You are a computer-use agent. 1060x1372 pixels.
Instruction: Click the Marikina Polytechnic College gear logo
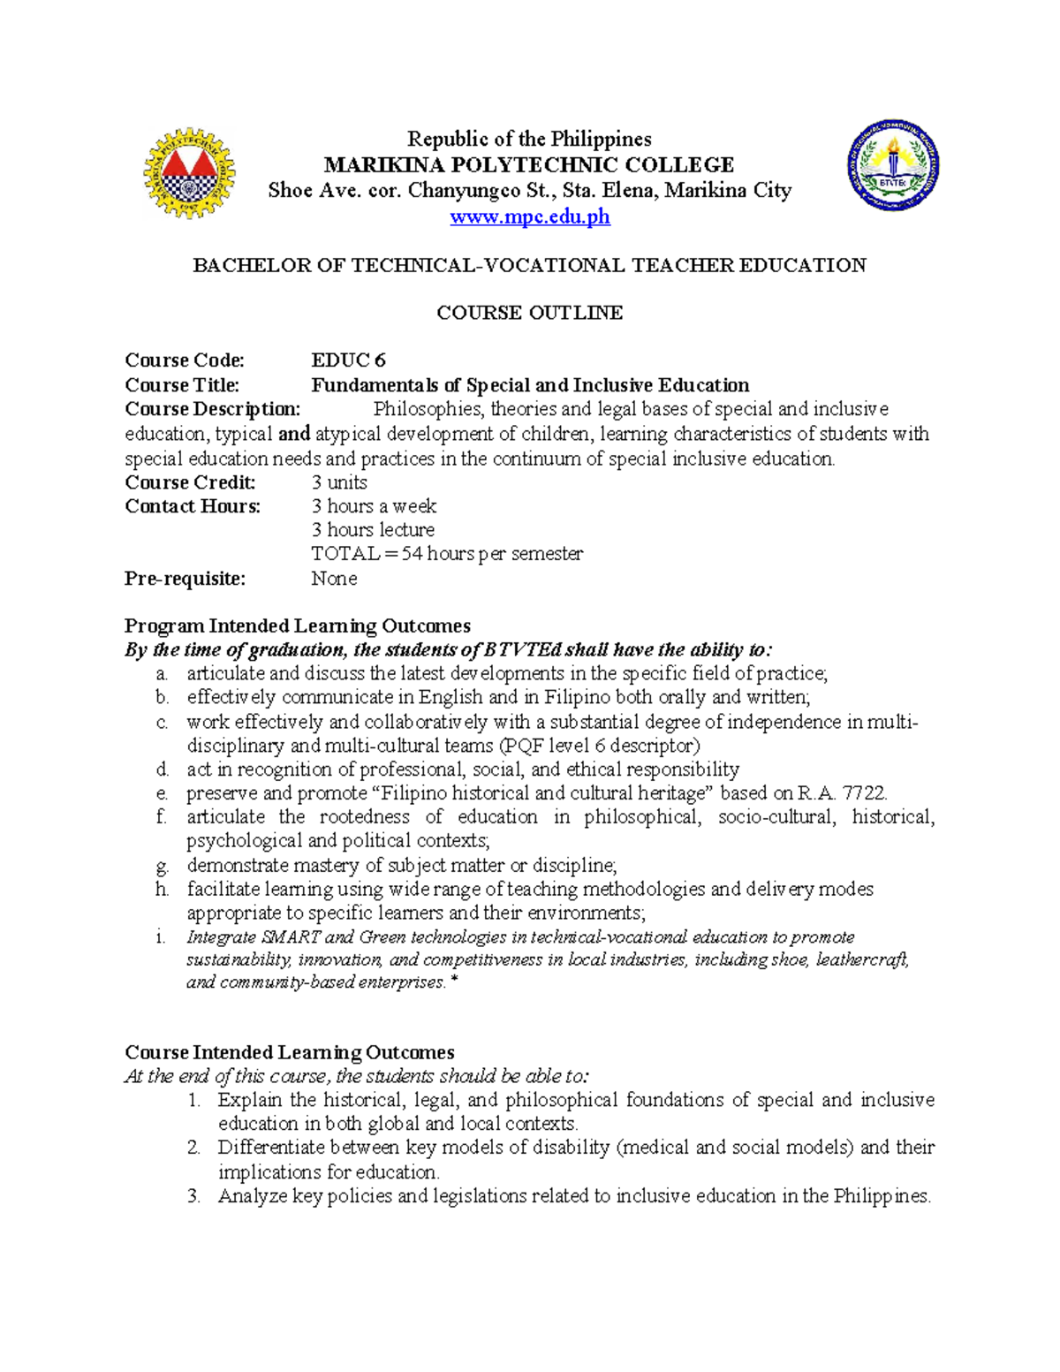coord(190,173)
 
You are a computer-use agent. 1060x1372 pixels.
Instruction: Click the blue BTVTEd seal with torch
coord(892,165)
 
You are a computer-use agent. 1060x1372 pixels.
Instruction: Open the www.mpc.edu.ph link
coord(529,216)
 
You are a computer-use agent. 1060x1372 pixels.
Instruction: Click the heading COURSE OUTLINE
coord(529,313)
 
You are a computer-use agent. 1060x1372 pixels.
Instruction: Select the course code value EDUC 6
coord(348,360)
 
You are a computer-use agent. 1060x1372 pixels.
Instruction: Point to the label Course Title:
coord(182,385)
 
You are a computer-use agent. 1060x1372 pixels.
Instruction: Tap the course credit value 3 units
coord(338,482)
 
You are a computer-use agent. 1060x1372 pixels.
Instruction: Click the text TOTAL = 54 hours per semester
coord(446,554)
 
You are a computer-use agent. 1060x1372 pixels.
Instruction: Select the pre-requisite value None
coord(334,579)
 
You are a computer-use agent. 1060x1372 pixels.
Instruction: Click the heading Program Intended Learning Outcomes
coord(297,626)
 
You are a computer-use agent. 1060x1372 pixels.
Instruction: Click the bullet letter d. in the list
coord(161,769)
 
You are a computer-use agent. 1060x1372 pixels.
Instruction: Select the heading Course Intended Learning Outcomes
coord(289,1053)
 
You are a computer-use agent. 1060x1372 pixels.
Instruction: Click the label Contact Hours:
coord(193,506)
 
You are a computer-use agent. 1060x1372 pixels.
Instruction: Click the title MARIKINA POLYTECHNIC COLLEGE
coord(529,165)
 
